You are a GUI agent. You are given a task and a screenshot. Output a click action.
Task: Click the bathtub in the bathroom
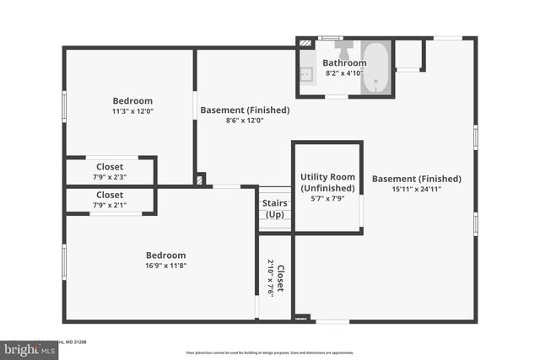point(376,67)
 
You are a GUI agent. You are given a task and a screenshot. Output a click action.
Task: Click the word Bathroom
point(344,63)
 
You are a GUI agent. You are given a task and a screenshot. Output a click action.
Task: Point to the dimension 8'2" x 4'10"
point(343,73)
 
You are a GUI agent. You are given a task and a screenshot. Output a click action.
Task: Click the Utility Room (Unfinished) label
point(327,182)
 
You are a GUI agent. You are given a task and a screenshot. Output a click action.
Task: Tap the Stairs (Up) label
point(274,208)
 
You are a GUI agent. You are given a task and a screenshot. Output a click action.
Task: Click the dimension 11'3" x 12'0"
point(132,111)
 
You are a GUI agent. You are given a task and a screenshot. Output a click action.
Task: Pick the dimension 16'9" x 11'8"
point(165,266)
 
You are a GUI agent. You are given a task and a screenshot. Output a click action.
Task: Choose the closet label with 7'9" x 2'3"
point(109,167)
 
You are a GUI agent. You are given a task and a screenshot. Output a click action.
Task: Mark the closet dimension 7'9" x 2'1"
point(109,205)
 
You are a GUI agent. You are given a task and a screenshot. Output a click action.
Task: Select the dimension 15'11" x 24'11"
point(416,189)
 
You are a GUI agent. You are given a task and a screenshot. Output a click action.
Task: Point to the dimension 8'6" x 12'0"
point(245,121)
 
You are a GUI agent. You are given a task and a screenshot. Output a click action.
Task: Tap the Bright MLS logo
point(25,348)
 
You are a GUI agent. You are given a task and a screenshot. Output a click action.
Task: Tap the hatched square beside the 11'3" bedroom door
point(200,180)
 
